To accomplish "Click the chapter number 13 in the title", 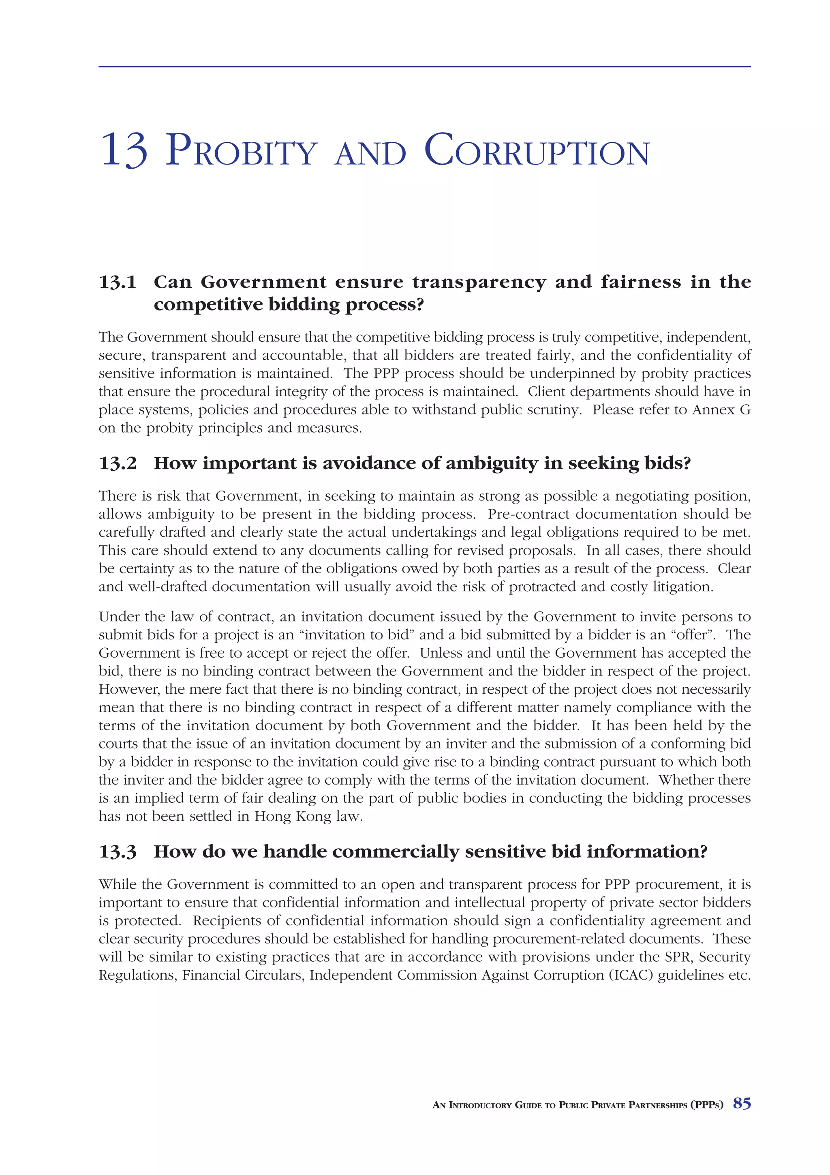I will point(125,150).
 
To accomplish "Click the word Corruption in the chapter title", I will point(537,150).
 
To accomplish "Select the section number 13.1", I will point(118,282).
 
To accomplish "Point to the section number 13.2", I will point(118,463).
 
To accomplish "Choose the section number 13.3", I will point(118,851).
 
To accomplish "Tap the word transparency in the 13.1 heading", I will point(479,282).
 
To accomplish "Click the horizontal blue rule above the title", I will point(424,66).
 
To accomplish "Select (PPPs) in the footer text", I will point(707,1104).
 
